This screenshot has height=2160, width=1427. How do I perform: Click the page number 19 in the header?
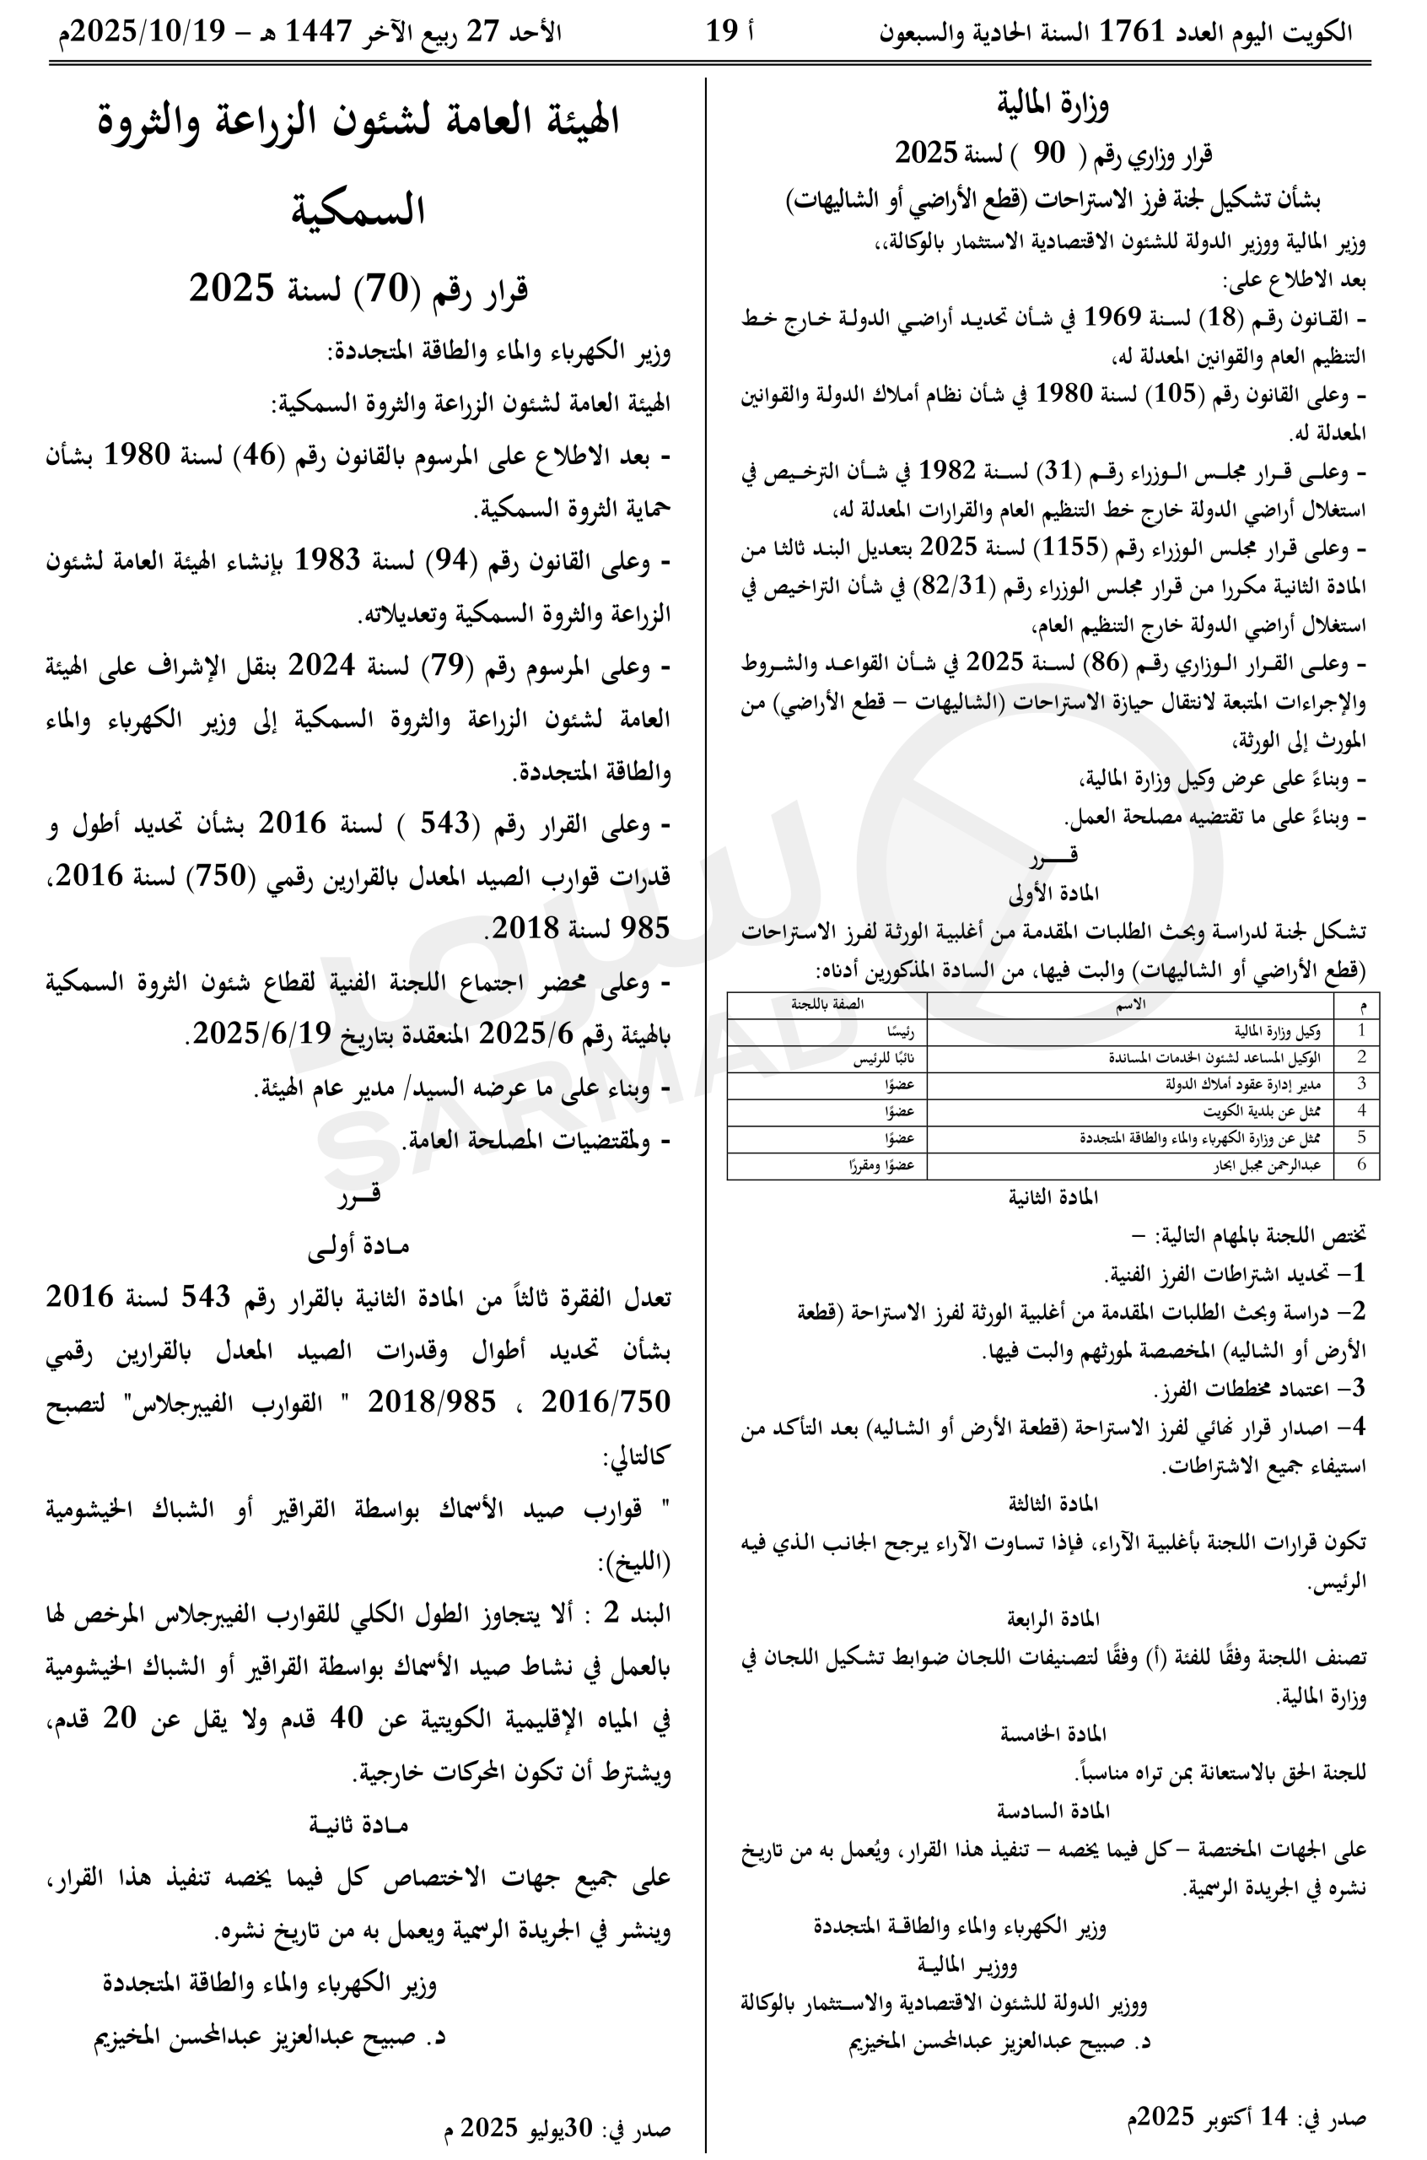click(722, 32)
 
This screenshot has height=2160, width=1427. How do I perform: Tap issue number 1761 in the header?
click(1131, 32)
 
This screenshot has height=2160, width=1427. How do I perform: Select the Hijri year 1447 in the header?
click(319, 32)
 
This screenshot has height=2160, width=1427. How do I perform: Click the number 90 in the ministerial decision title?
click(1047, 154)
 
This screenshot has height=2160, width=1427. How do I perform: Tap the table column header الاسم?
click(1129, 1004)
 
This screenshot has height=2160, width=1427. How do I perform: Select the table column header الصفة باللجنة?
click(827, 1004)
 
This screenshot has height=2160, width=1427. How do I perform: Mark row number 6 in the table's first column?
click(1360, 1165)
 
